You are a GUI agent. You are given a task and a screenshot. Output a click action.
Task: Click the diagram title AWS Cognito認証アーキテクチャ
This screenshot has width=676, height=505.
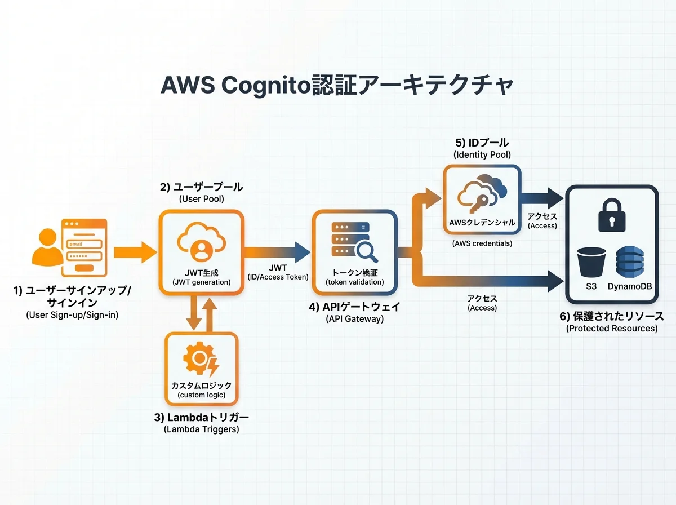click(337, 86)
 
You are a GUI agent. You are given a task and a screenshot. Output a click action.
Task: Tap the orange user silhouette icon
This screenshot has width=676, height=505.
click(47, 249)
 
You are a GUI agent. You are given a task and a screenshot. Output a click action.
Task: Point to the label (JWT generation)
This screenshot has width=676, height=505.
click(202, 282)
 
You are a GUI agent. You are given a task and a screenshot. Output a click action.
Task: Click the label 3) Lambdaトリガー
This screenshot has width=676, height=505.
click(201, 418)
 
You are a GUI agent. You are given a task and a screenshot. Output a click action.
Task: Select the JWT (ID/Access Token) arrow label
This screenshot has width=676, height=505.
click(278, 272)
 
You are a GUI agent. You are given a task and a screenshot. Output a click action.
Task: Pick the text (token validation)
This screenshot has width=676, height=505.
click(355, 282)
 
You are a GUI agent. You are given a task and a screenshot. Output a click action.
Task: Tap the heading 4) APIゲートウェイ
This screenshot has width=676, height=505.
click(355, 308)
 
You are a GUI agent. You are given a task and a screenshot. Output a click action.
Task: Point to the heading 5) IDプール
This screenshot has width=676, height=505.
click(482, 143)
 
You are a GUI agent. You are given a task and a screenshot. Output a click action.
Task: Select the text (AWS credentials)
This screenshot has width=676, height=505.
click(482, 243)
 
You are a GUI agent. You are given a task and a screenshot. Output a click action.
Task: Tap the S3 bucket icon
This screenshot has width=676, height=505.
click(591, 262)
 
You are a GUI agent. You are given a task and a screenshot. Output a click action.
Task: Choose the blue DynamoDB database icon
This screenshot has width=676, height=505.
click(630, 262)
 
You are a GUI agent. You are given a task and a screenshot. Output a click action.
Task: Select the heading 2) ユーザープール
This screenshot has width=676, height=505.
click(201, 187)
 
